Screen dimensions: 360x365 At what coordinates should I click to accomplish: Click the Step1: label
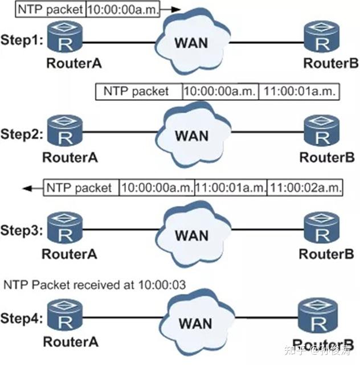point(22,40)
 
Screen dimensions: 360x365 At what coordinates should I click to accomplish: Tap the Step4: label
point(22,318)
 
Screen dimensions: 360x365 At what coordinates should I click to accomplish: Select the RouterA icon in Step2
point(65,130)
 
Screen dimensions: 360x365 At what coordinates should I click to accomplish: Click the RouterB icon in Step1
point(322,37)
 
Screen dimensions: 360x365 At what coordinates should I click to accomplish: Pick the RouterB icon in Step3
point(322,228)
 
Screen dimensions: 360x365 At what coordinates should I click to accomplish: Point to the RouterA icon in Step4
point(65,315)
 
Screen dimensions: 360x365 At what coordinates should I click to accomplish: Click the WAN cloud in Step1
point(192,42)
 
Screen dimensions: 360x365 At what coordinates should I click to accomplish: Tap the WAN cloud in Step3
point(193,234)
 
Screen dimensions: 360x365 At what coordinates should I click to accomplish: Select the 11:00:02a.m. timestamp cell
point(305,187)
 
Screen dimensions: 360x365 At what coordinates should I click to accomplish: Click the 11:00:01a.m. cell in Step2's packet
point(299,92)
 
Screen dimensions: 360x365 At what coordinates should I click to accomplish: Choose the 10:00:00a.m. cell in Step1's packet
point(123,9)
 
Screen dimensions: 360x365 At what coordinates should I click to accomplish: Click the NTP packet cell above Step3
point(81,187)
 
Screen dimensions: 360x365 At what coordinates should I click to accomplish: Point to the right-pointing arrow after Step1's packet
point(170,9)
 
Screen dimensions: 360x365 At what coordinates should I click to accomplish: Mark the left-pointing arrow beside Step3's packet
point(33,188)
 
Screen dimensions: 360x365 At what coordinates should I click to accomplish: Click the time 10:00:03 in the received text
point(162,285)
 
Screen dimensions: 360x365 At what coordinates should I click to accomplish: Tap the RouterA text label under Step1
point(74,63)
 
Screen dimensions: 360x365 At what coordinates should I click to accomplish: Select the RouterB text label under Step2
point(327,157)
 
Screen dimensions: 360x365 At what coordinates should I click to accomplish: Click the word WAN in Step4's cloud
point(195,323)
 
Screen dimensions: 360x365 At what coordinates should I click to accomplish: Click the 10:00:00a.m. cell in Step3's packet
point(157,187)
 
